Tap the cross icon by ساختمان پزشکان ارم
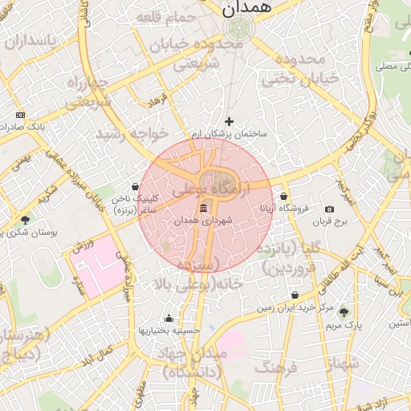point(229,121)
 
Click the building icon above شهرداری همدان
point(202,208)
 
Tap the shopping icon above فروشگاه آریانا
point(283,197)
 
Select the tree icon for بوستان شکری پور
point(25,219)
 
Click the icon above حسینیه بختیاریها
point(168,319)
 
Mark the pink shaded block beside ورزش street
point(98,267)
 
